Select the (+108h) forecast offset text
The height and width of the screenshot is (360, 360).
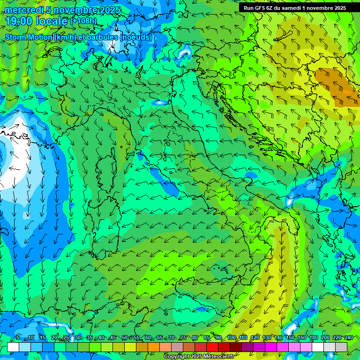(x=83, y=21)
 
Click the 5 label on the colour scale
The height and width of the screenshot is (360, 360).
(x=18, y=338)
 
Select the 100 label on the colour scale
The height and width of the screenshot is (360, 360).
(x=232, y=338)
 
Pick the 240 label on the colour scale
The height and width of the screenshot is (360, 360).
(x=349, y=338)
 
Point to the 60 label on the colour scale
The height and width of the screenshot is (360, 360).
(x=148, y=338)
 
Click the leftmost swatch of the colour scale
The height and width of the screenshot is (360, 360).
(x=13, y=347)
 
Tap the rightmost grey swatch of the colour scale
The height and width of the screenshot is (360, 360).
(x=341, y=347)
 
